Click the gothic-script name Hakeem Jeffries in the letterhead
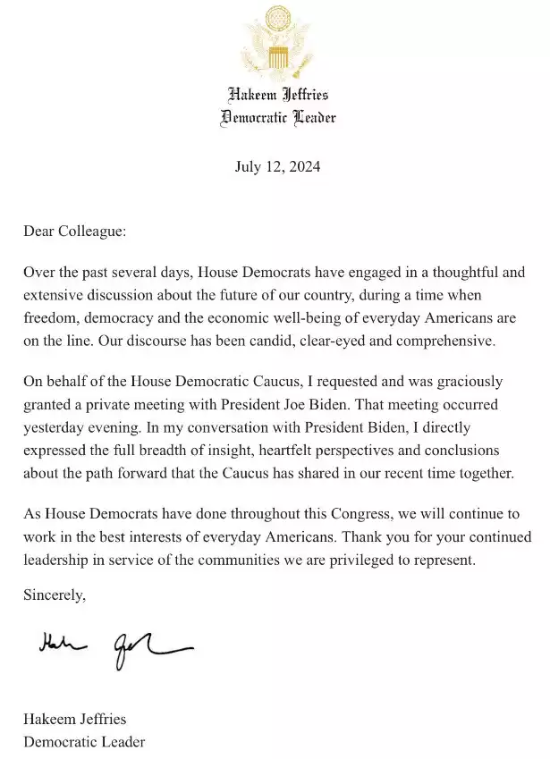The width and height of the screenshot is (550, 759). (277, 95)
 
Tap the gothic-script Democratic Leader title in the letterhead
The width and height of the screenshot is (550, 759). (277, 118)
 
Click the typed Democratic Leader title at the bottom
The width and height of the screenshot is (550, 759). (84, 742)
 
